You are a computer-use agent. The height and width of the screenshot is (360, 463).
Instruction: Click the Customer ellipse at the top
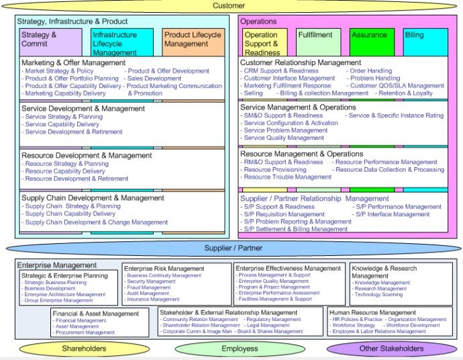pyautogui.click(x=229, y=6)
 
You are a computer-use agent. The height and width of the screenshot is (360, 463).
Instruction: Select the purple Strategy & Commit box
pyautogui.click(x=41, y=41)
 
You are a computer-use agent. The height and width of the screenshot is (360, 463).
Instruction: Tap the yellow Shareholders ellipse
pyautogui.click(x=84, y=349)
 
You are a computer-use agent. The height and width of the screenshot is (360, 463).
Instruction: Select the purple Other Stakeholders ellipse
pyautogui.click(x=393, y=349)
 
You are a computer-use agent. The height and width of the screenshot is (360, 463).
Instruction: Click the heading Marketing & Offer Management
pyautogui.click(x=74, y=63)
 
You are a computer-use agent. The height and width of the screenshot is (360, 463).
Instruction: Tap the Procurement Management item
pyautogui.click(x=85, y=332)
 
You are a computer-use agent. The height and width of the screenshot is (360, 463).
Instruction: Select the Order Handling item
pyautogui.click(x=371, y=71)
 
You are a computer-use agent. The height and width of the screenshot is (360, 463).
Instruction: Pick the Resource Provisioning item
pyautogui.click(x=275, y=170)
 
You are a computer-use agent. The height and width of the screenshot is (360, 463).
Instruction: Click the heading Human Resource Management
pyautogui.click(x=373, y=312)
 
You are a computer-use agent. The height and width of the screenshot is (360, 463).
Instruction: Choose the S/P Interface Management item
pyautogui.click(x=393, y=214)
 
